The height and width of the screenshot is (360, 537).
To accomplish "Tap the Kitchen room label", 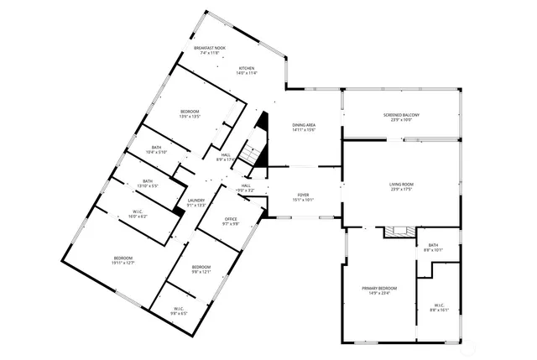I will (x=247, y=70).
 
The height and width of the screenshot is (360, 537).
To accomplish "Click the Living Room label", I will (x=401, y=185).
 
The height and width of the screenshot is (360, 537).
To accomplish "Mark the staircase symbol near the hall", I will (x=249, y=154).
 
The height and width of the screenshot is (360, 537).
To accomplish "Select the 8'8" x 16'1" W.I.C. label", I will (x=441, y=307).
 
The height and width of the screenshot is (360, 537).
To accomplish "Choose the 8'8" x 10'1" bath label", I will (x=433, y=248).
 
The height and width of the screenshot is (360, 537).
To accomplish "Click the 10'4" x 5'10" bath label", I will (x=157, y=150).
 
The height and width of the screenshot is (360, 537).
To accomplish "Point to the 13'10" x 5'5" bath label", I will (x=148, y=184).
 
